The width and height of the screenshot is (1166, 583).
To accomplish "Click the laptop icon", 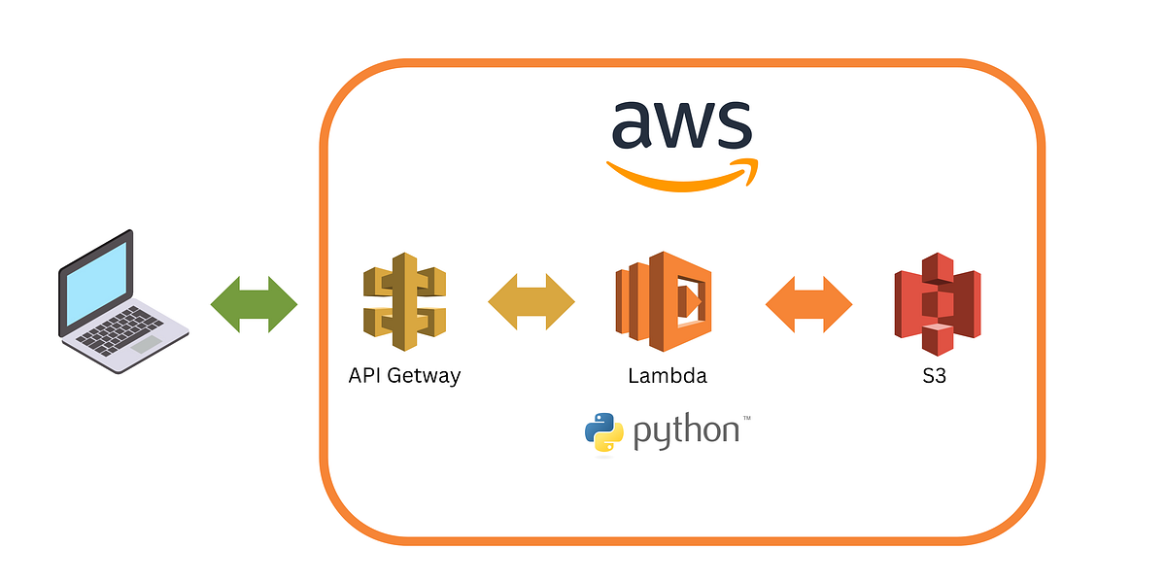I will coord(121,301).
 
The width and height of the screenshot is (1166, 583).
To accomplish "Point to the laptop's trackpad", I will coord(147,345).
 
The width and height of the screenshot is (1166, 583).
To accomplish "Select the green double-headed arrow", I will coord(254,304).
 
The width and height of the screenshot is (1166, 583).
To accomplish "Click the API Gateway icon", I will coord(404,304).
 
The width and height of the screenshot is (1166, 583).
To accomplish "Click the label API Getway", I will coord(404,376).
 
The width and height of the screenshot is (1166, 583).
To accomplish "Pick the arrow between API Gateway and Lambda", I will coord(531,304).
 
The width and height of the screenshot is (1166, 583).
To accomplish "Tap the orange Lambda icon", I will coord(667,301).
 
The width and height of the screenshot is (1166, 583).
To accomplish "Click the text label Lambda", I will coord(668,376).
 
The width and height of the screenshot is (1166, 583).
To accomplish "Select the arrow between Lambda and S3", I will coord(808,304).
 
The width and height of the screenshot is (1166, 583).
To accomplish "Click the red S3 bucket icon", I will coord(936,304).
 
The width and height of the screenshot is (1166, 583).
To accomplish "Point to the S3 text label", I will coord(934,376).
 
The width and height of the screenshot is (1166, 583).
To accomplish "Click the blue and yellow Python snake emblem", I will coord(603,432).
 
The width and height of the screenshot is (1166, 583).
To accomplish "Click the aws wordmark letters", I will coord(681,124).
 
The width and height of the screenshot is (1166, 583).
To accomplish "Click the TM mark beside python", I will coord(746,419).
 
